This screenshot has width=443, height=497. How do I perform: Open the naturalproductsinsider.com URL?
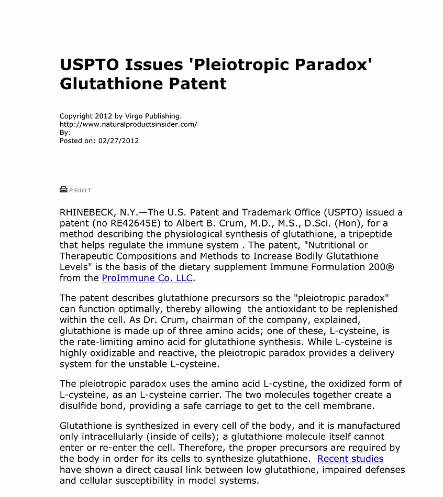(x=128, y=124)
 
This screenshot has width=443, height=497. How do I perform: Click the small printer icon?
(x=63, y=190)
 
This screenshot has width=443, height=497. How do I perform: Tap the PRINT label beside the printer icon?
(x=80, y=190)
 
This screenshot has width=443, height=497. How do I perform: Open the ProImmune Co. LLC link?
(x=147, y=278)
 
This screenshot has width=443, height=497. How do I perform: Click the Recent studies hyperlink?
(x=350, y=459)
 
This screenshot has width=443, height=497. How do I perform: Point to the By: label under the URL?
(x=65, y=133)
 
